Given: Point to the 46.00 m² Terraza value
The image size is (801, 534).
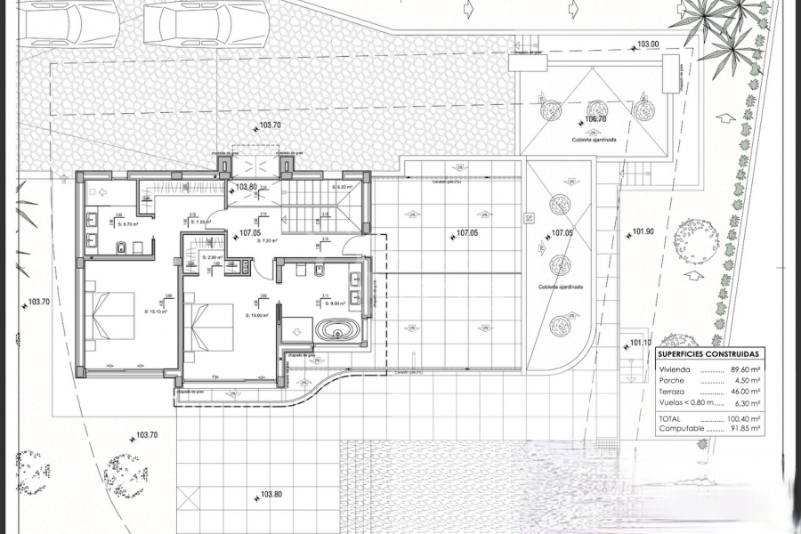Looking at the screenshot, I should coord(743,391).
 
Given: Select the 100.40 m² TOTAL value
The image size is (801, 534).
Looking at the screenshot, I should coord(741,417).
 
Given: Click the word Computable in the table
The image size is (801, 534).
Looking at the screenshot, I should coord(682,428).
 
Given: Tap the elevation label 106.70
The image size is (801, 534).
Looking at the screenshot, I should coord(595,119).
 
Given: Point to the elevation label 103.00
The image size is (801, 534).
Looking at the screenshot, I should coord(648,44).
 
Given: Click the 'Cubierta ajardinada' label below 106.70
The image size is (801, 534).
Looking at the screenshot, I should coord(595,140).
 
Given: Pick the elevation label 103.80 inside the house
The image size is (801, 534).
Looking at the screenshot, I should coord(247,188).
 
